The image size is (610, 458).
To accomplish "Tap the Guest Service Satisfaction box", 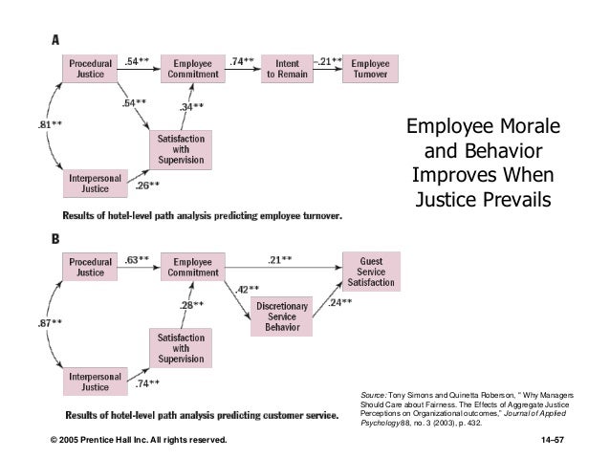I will pyautogui.click(x=372, y=272).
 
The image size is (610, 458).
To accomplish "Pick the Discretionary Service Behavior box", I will pyautogui.click(x=281, y=316).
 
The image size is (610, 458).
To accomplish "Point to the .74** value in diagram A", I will pyautogui.click(x=241, y=62).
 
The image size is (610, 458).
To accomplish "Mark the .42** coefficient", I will pyautogui.click(x=250, y=288).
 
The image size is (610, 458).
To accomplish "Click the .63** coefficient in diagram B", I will pyautogui.click(x=136, y=258).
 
